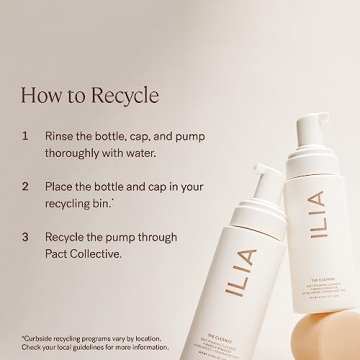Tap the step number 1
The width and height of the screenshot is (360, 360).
pyautogui.click(x=24, y=133)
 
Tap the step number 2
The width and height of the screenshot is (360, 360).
pyautogui.click(x=24, y=186)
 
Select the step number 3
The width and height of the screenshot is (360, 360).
pyautogui.click(x=24, y=238)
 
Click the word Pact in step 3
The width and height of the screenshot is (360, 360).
pyautogui.click(x=62, y=256)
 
